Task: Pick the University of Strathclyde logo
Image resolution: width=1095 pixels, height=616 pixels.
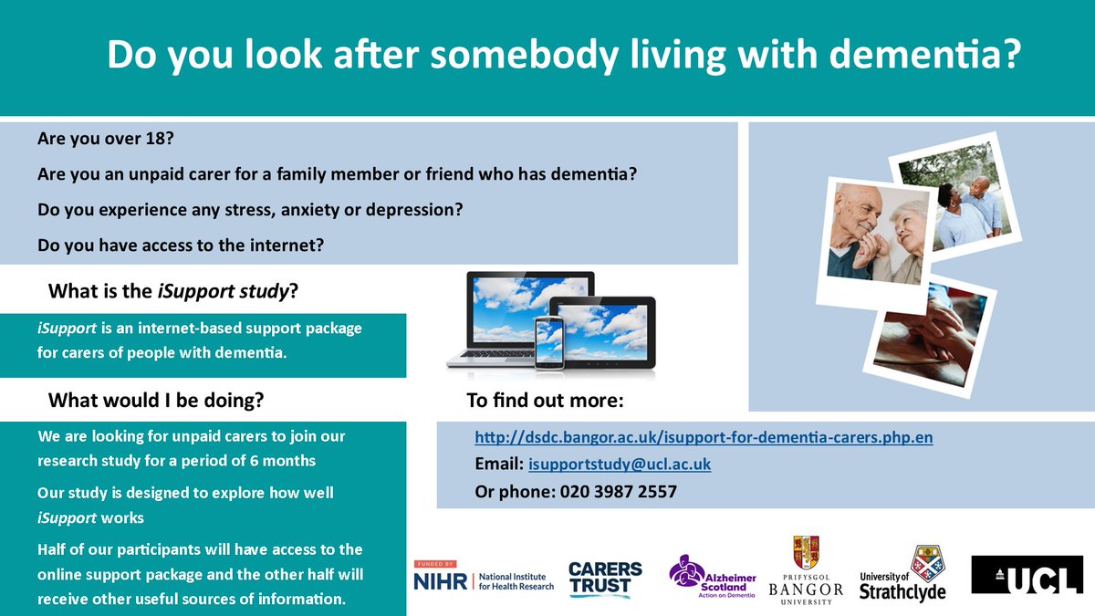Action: pos(902,575)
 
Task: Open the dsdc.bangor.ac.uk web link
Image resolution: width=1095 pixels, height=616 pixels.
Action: pos(704,438)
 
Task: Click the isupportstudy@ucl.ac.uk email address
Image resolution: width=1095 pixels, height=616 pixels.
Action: pos(620,465)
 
